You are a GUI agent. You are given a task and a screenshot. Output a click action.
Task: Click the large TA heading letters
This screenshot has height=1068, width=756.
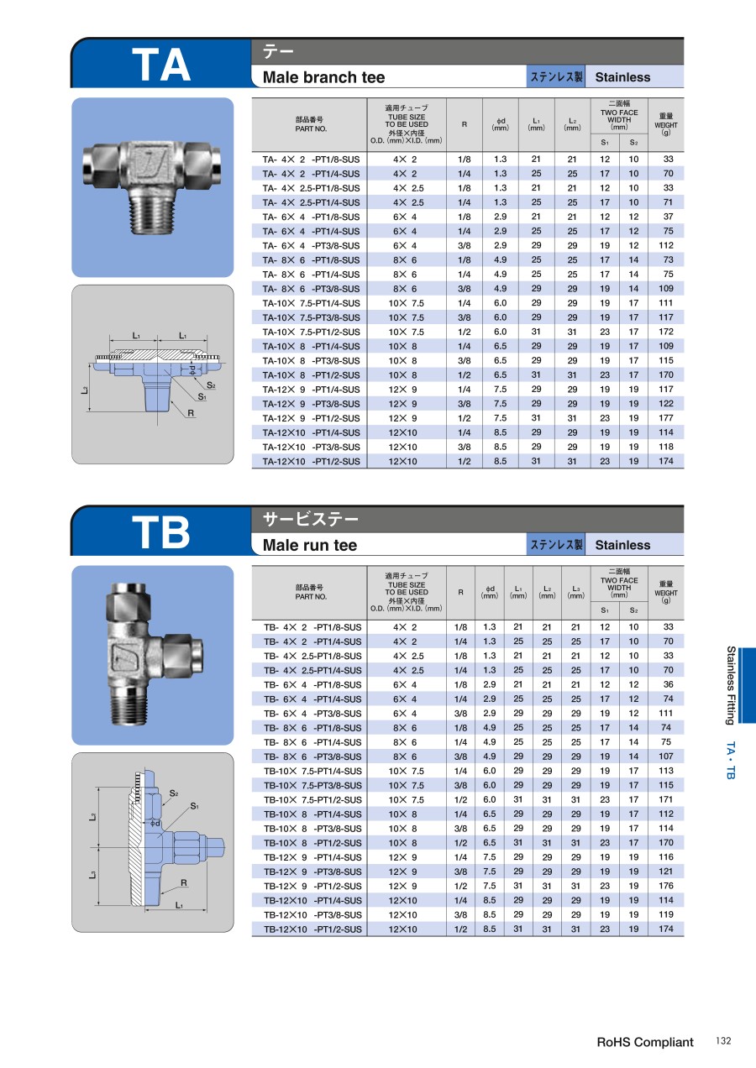point(161,65)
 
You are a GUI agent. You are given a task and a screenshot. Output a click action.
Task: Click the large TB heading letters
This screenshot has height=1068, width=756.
point(161,532)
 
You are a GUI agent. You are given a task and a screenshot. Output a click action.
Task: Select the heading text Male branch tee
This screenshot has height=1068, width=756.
point(323,77)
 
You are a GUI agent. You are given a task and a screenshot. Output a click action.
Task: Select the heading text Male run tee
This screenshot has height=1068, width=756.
point(310,545)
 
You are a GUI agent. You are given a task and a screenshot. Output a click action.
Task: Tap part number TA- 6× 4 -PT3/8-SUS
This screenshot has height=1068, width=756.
point(311,245)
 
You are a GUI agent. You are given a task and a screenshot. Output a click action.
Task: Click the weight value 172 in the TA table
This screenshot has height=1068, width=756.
point(666,332)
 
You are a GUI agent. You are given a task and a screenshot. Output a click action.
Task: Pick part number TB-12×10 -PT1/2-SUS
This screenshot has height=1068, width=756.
point(312,929)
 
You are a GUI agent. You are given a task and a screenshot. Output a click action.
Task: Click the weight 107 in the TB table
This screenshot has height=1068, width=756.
point(666,756)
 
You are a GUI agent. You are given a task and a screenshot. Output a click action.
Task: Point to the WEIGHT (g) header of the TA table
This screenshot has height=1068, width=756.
point(666,124)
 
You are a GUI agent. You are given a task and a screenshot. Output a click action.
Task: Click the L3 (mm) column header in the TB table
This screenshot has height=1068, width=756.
point(575,592)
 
